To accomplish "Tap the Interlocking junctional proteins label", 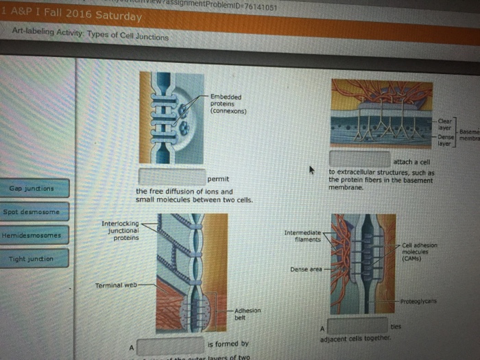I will point(121,230).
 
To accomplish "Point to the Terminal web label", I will point(115,285).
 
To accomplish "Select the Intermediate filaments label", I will point(303,236).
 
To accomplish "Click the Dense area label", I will point(305,269).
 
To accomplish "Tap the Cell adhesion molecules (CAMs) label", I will point(420,251).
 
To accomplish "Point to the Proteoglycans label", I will point(419,301).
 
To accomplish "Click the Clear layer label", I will point(445,124).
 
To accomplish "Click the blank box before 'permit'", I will point(171,176).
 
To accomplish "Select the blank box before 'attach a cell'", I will point(359,159).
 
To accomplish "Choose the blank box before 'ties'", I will point(357,326).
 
